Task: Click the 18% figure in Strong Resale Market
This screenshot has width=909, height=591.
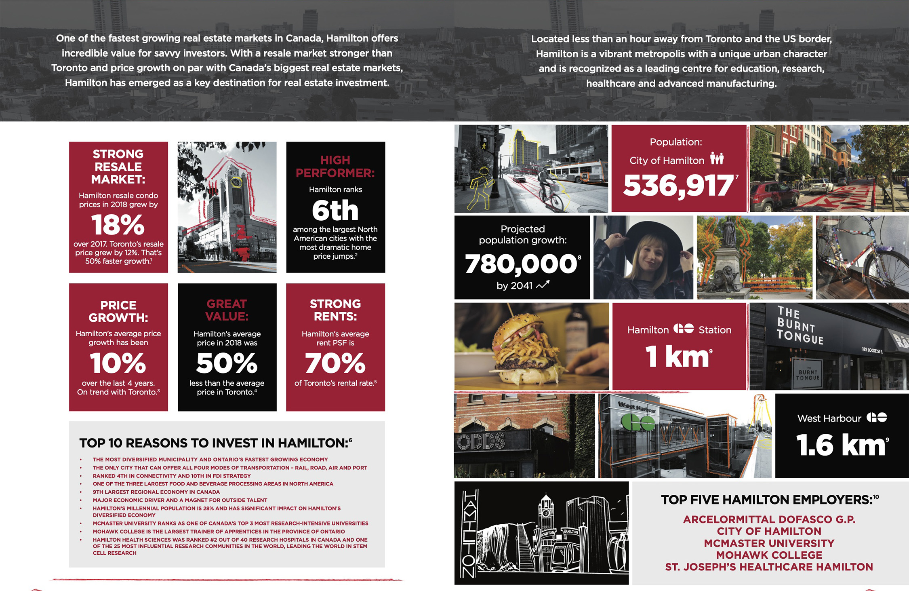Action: (118, 225)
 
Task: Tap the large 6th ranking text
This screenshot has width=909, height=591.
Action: (335, 210)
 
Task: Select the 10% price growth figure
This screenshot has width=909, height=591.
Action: (118, 363)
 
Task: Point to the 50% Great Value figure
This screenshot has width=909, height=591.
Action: (227, 363)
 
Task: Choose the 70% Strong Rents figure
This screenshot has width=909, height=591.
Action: (335, 363)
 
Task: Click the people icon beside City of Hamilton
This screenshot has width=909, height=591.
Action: (717, 158)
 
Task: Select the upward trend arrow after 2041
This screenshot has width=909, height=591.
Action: (543, 285)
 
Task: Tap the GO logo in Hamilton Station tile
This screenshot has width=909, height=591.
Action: (684, 329)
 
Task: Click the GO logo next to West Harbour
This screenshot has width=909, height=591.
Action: (876, 417)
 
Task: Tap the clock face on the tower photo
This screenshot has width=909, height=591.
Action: (236, 182)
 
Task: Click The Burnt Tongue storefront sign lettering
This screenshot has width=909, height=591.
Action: (800, 325)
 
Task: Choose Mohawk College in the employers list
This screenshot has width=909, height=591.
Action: (769, 555)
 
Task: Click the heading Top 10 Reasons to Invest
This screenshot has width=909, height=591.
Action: (213, 443)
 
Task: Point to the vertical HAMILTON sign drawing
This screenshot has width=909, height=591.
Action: (469, 533)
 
